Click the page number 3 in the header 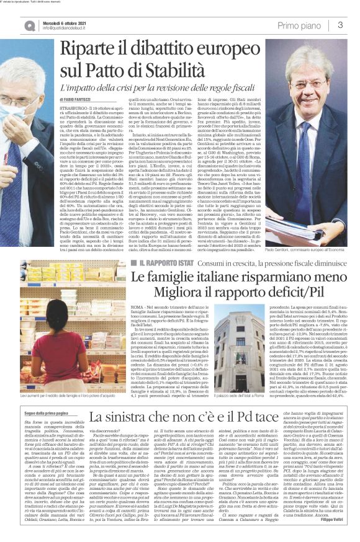coord(340,25)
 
